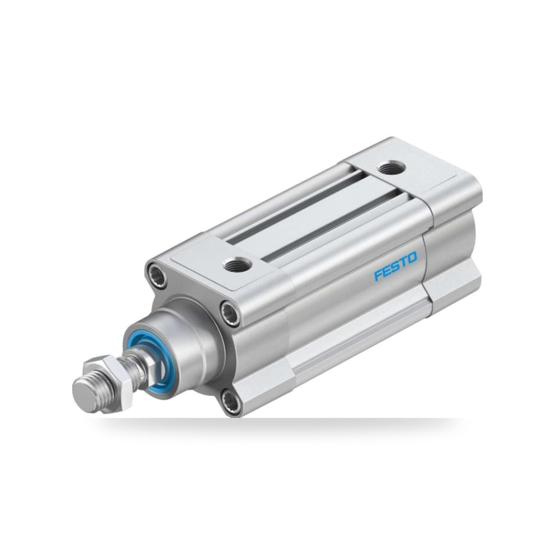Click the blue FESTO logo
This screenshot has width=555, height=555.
[396, 266]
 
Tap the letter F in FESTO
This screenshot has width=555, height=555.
[379, 275]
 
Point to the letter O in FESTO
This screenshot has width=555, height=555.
[413, 258]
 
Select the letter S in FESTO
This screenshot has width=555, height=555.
[395, 266]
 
